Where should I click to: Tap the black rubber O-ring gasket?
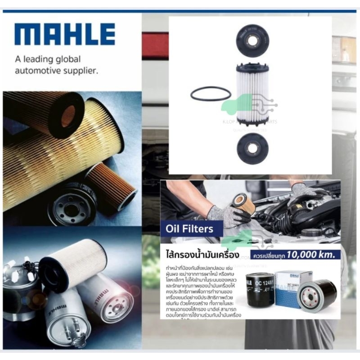click(x=211, y=94)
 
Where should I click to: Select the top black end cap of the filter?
click(x=252, y=40)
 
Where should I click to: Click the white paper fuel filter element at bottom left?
click(x=72, y=263)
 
